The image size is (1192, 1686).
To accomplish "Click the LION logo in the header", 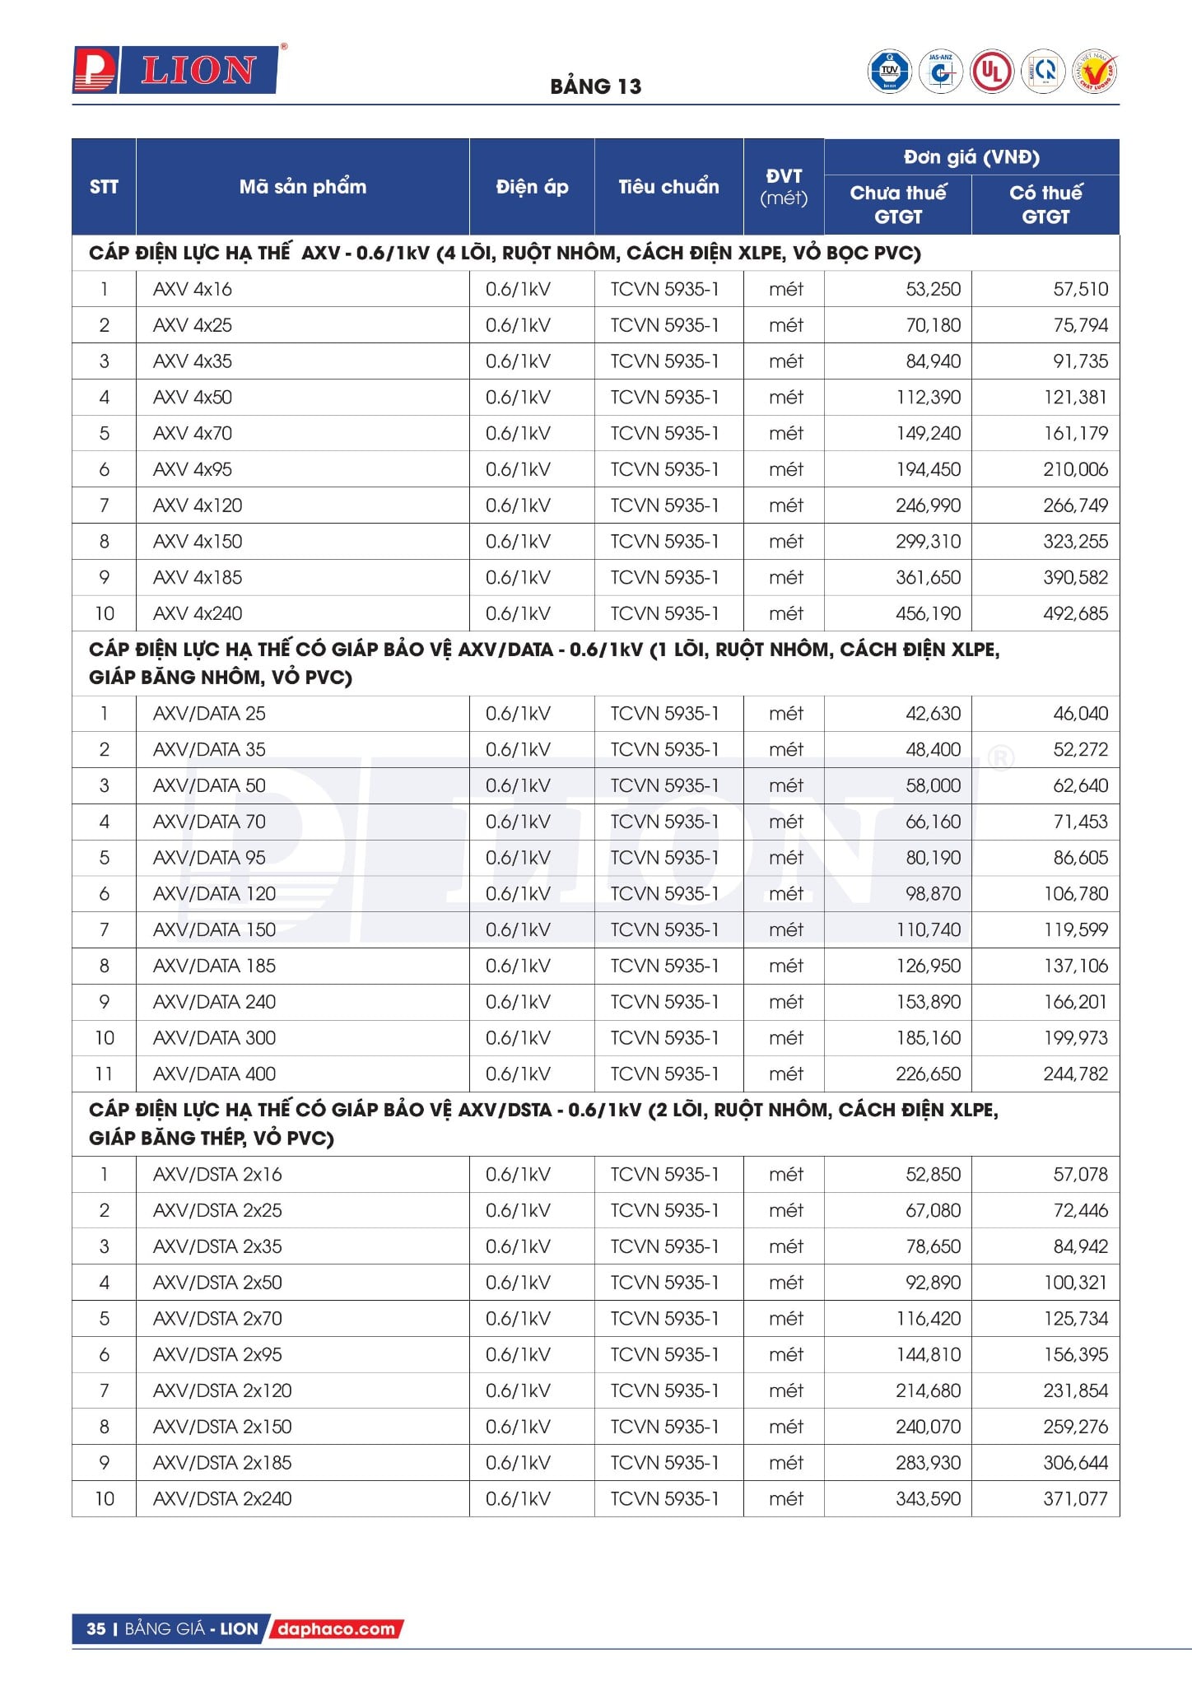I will [176, 70].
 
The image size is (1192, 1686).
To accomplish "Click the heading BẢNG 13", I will [595, 86].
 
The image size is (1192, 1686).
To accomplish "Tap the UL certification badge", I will [991, 72].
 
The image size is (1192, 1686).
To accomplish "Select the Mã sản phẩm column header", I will [302, 187].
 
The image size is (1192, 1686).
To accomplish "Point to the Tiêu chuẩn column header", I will [668, 187].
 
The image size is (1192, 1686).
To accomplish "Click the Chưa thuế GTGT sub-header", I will [897, 204].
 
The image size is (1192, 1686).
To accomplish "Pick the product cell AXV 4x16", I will [193, 289].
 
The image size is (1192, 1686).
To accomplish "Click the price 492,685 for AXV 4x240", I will [1075, 613].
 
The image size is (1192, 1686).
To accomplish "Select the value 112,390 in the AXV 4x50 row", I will [928, 397].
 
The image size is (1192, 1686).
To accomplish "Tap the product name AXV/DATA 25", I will [209, 713].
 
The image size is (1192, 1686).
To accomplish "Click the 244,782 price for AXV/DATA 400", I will [1075, 1074].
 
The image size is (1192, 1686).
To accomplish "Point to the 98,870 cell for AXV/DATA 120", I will [933, 893].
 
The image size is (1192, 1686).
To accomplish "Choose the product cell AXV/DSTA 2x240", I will [222, 1498].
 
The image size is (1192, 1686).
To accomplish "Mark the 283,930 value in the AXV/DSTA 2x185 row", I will [928, 1462].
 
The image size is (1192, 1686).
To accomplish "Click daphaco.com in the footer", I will [336, 1628].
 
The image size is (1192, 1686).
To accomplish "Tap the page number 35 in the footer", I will [96, 1628].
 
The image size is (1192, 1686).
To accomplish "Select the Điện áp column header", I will [532, 187].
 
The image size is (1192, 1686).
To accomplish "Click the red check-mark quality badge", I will [1096, 72].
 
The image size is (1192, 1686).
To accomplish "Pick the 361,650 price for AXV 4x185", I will [928, 577].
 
